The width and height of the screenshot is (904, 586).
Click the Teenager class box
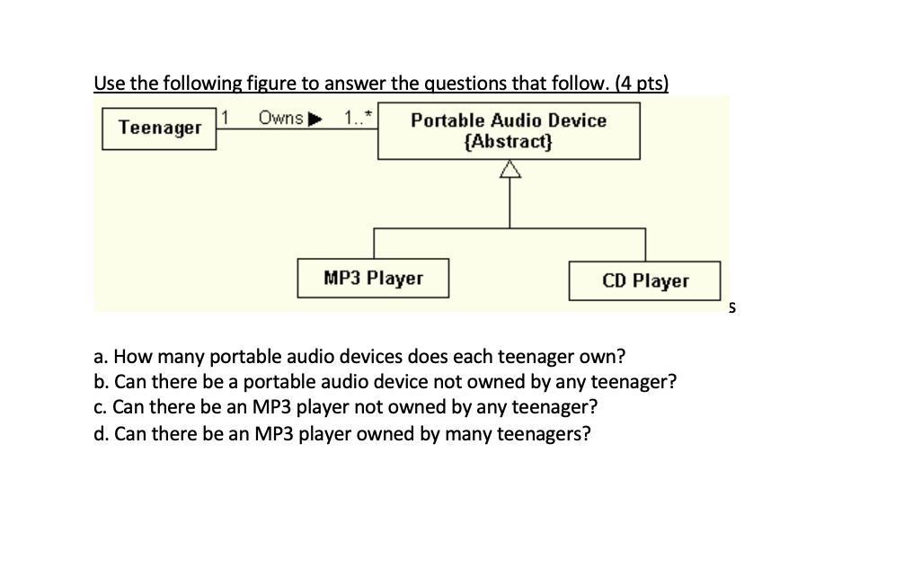160,129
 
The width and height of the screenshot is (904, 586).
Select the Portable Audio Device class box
509,131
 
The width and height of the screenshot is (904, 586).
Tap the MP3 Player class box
373,279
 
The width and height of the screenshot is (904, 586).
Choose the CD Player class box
645,281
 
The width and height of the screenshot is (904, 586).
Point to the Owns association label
280,119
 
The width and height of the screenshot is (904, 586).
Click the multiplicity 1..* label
360,119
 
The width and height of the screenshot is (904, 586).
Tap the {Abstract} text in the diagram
509,142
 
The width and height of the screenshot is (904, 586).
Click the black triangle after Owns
315,119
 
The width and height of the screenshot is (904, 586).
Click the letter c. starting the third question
100,407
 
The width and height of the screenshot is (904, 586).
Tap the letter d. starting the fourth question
101,434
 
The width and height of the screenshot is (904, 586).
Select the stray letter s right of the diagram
732,308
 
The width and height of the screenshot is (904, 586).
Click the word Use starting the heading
109,84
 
